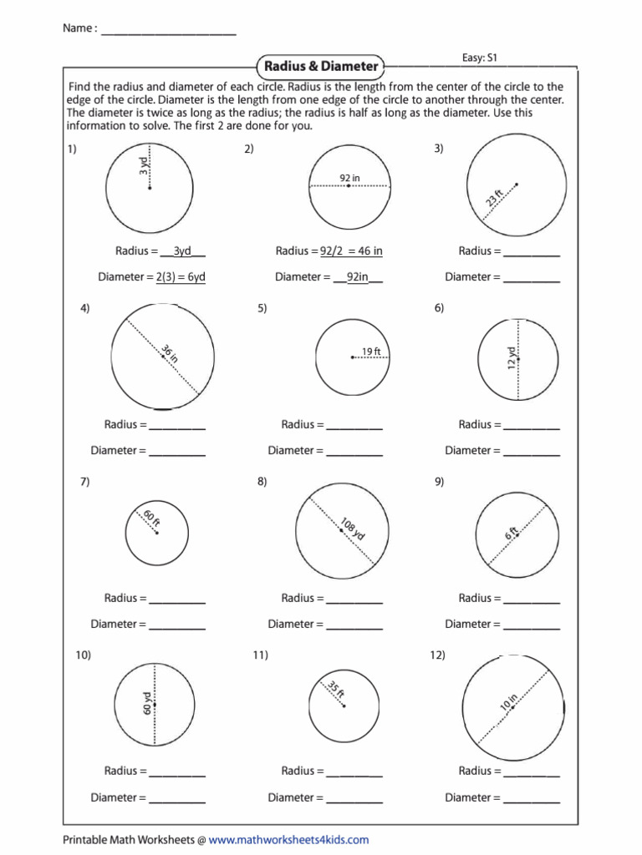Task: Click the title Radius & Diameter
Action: (x=321, y=66)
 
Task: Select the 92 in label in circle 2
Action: (x=349, y=177)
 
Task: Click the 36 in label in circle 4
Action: (x=170, y=353)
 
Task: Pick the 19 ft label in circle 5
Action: (x=371, y=352)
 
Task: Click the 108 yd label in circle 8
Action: (x=353, y=529)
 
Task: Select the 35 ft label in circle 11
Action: (x=335, y=690)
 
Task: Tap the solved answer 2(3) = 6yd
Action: (x=180, y=277)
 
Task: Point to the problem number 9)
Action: (x=439, y=482)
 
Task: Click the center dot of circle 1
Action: (x=150, y=188)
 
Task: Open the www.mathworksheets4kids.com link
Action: (x=288, y=840)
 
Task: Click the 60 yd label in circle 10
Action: (x=146, y=704)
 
